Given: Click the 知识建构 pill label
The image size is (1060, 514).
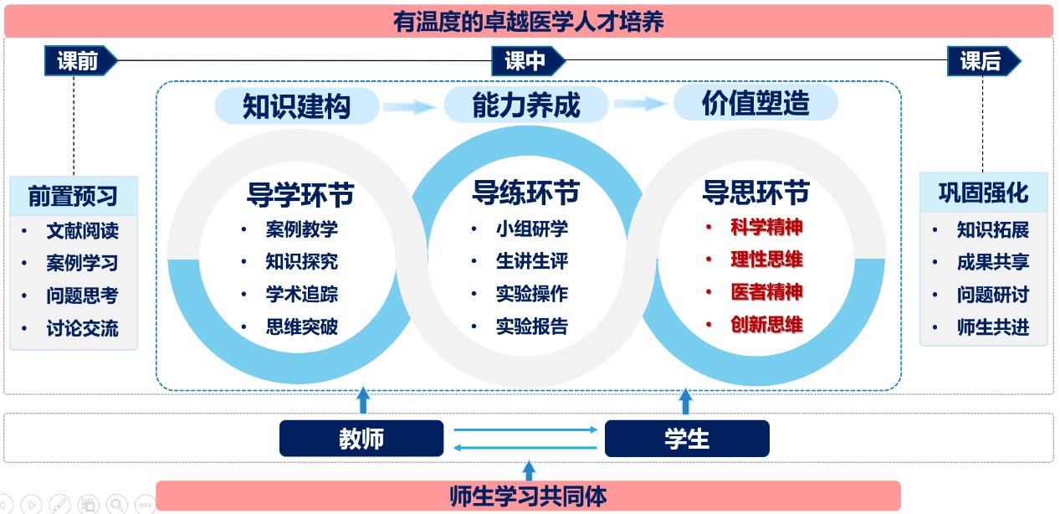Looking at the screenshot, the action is tap(297, 106).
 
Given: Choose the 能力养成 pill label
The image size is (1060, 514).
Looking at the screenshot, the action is tap(525, 105).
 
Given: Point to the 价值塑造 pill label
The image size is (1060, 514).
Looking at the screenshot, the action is tap(755, 103).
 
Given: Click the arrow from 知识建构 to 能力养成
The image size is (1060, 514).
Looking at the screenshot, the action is tap(410, 106).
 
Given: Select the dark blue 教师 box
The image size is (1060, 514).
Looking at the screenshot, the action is tap(361, 439).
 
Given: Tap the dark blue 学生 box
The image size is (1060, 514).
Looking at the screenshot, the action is tap(687, 439).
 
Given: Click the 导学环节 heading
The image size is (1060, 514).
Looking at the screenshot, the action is tap(300, 194).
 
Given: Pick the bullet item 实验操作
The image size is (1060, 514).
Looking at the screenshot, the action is tap(532, 294).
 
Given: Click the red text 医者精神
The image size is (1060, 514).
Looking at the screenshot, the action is tap(766, 291).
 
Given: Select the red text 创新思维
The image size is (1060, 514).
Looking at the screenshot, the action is tap(766, 324).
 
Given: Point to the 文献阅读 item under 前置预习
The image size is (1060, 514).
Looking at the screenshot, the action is tap(82, 230).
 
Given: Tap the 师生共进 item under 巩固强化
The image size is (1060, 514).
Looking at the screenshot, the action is tap(993, 326).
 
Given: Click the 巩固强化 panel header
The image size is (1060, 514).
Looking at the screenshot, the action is tap(983, 193).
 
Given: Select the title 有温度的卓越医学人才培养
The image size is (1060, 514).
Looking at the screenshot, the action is tap(529, 22).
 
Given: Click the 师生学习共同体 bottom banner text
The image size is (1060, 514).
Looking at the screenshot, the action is tap(528, 496).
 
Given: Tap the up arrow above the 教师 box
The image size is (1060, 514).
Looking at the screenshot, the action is tap(363, 400).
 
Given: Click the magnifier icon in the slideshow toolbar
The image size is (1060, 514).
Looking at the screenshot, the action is tap(117, 504).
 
